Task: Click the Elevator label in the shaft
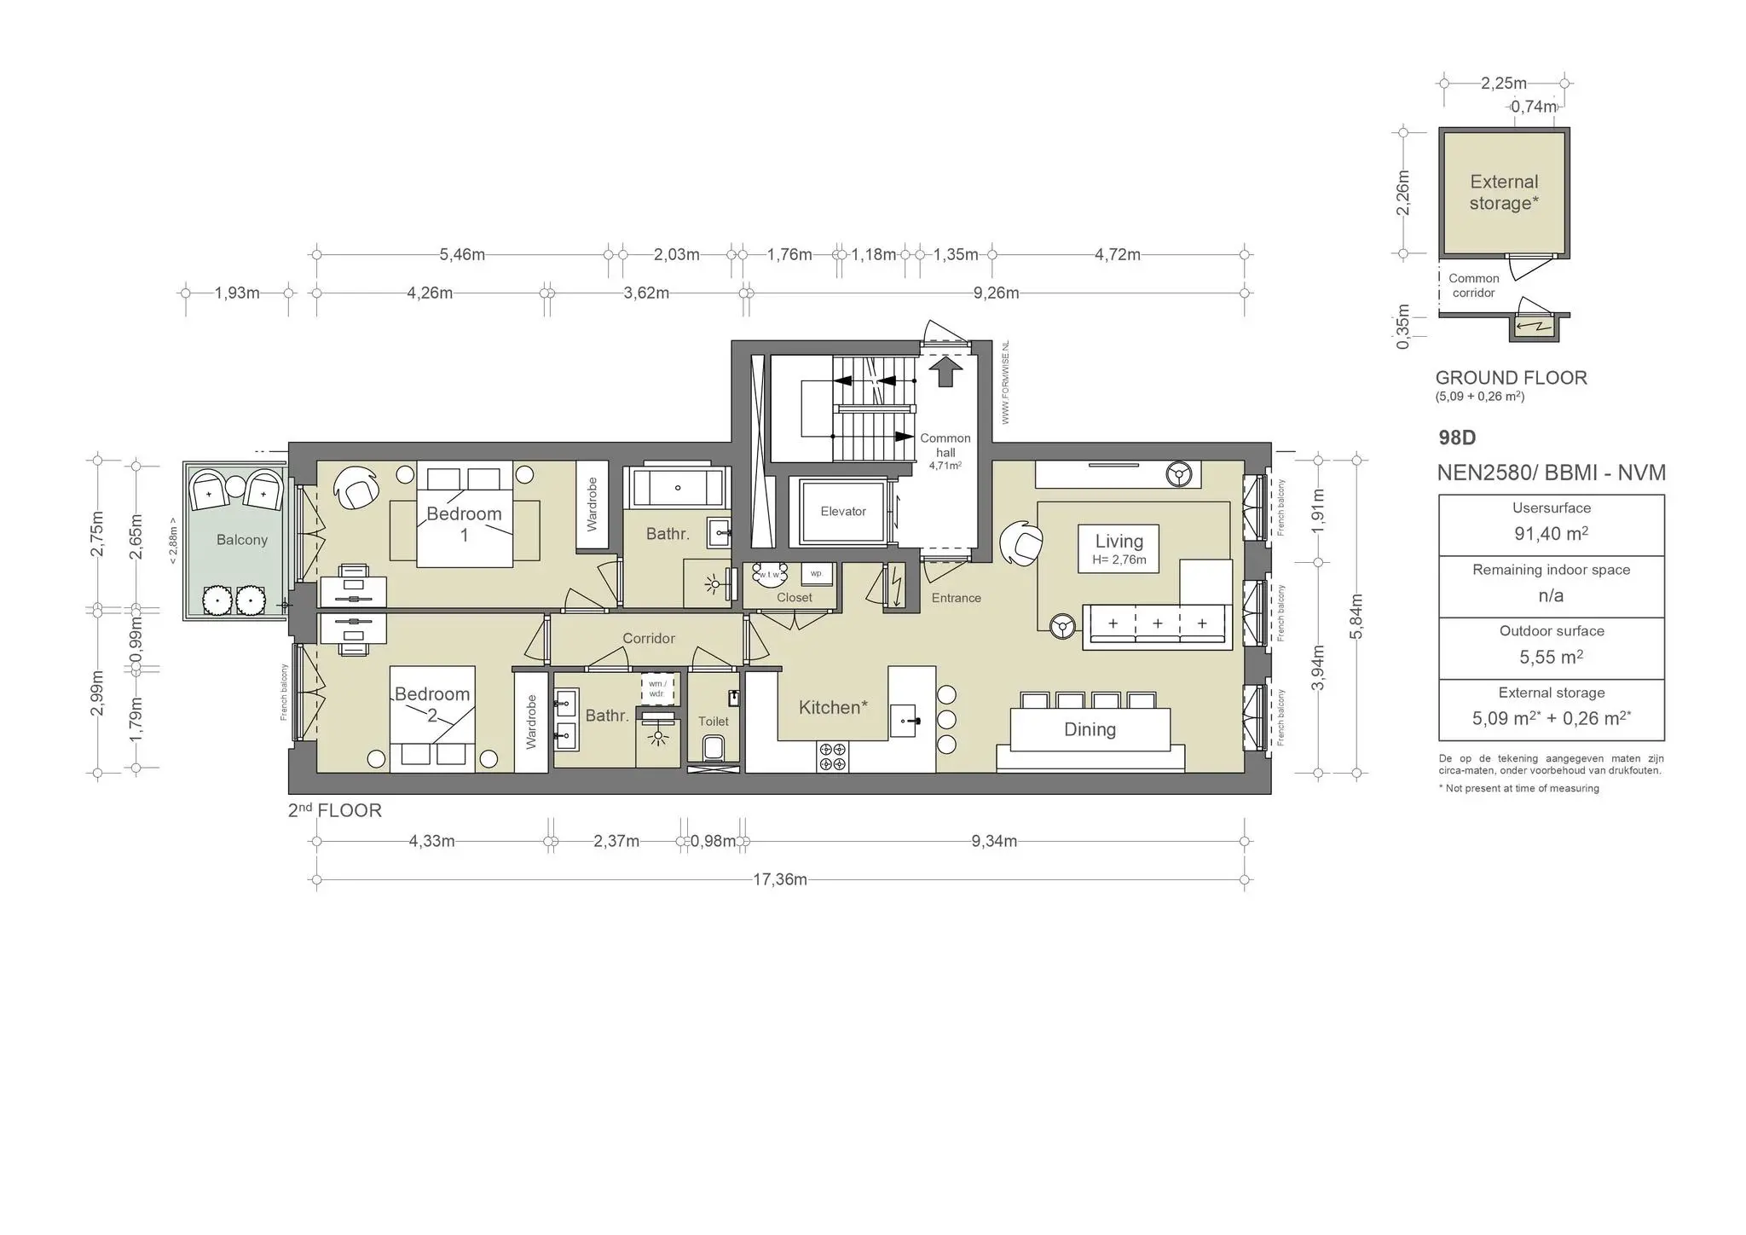click(842, 511)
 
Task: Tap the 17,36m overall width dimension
click(779, 879)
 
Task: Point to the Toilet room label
click(713, 722)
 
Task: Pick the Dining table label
click(1090, 729)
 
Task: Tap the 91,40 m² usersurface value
click(1551, 534)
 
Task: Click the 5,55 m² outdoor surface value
click(1551, 658)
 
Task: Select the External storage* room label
click(1504, 193)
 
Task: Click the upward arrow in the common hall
click(945, 372)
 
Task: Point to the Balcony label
click(241, 540)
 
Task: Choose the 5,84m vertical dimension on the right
click(1356, 616)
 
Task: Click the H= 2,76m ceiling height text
click(1119, 560)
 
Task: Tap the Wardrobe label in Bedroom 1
click(593, 504)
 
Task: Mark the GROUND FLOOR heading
click(1511, 378)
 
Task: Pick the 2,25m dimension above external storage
click(1503, 84)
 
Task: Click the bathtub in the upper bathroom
click(677, 488)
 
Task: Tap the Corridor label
click(648, 639)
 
